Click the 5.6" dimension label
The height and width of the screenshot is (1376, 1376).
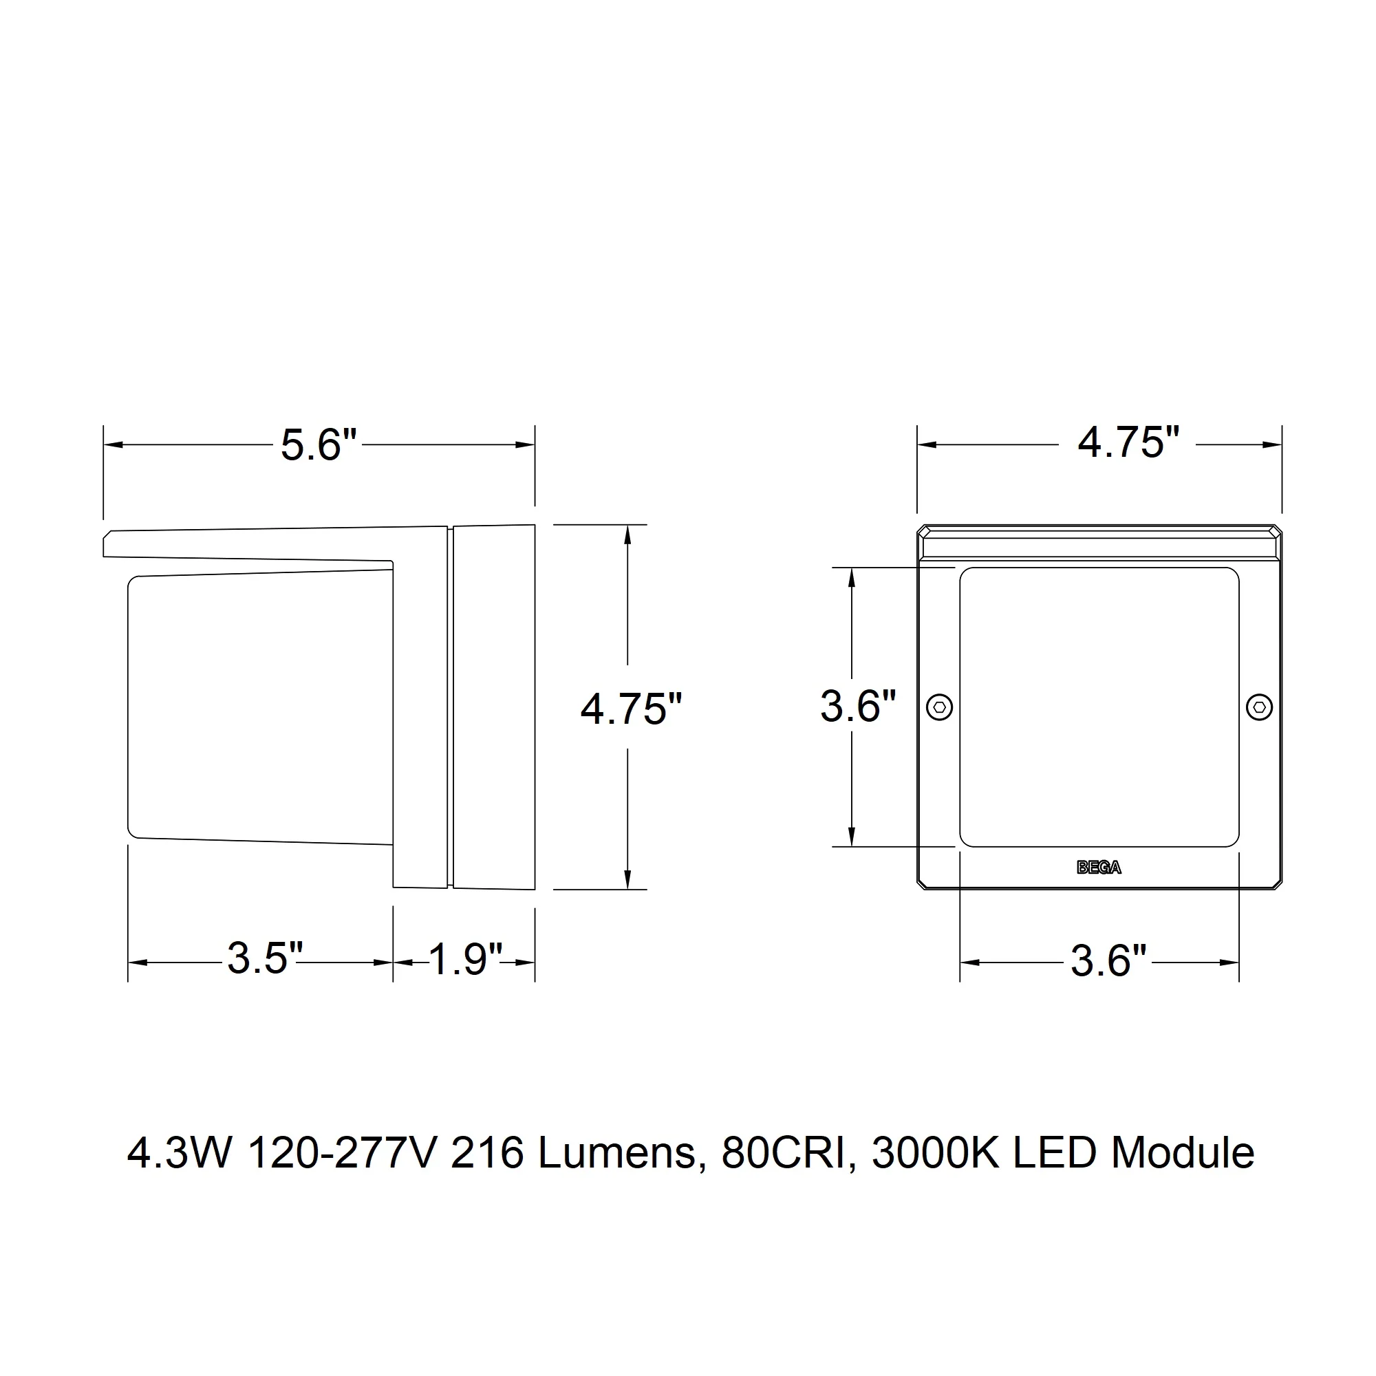point(319,445)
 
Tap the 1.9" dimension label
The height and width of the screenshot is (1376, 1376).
point(466,958)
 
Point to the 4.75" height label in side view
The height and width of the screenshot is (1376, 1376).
point(632,709)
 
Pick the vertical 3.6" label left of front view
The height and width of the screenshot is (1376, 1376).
point(858,707)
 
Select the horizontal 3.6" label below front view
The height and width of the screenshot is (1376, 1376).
point(1109,960)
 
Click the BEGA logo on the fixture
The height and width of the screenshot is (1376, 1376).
point(1099,868)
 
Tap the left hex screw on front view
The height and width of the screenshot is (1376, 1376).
point(940,707)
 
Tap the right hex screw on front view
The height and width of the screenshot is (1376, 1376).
point(1259,707)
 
